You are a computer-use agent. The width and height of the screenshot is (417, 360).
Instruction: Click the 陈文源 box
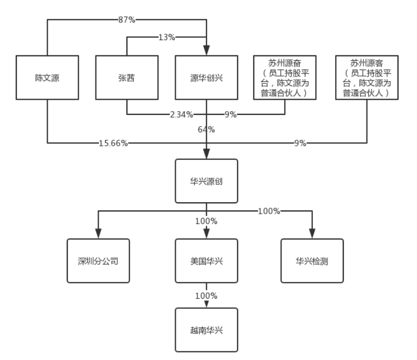[x=47, y=78]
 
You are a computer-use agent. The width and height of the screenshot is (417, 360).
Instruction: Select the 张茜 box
[x=127, y=78]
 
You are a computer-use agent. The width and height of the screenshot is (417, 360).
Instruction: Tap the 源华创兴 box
[x=207, y=78]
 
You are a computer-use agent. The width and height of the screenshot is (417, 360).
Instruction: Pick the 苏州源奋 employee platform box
[x=286, y=78]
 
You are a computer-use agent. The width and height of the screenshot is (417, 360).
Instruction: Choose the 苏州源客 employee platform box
[x=367, y=78]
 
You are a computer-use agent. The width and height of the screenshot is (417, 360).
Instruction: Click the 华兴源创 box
[x=207, y=181]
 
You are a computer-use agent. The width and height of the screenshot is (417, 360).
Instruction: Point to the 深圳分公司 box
[x=98, y=261]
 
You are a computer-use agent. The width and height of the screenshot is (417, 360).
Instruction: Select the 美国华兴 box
[x=207, y=261]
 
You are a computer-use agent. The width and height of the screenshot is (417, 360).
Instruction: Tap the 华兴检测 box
[x=312, y=261]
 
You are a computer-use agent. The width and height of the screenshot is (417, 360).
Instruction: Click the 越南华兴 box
[x=207, y=330]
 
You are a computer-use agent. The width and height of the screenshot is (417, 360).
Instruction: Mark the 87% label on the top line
[x=126, y=20]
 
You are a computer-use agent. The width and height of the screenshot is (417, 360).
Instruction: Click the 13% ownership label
[x=168, y=37]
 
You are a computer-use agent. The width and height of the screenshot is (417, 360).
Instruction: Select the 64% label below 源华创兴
[x=207, y=130]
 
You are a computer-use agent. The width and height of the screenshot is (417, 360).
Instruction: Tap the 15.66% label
[x=113, y=143]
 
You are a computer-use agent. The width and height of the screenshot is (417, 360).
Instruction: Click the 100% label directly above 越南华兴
[x=207, y=296]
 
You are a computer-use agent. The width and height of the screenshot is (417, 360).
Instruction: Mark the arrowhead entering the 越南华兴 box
[x=207, y=304]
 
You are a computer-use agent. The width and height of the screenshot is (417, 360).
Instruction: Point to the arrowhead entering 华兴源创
[x=207, y=155]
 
